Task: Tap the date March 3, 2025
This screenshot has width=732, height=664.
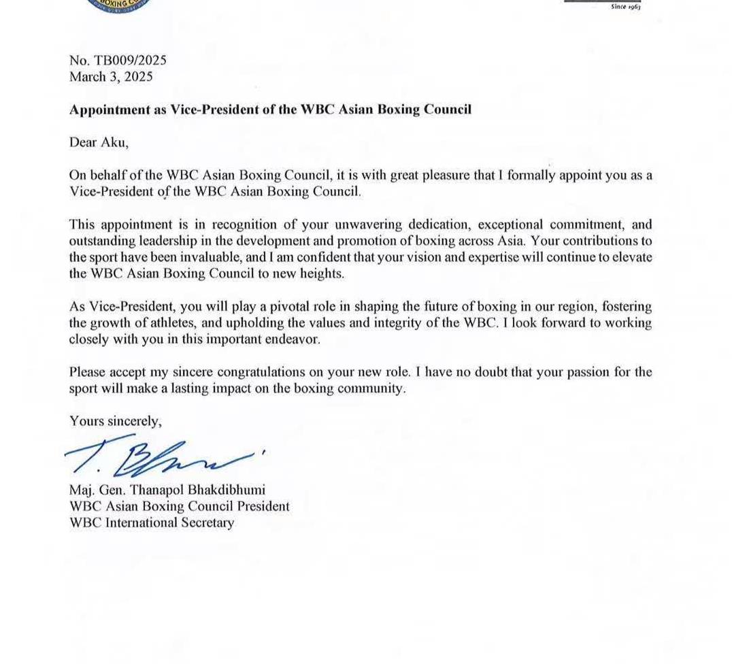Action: (x=111, y=77)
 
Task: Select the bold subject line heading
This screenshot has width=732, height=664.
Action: (x=270, y=110)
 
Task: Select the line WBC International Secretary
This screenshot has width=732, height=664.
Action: (x=152, y=523)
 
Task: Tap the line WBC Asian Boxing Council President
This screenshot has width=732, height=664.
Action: (x=179, y=507)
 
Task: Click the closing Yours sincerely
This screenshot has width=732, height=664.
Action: (x=116, y=422)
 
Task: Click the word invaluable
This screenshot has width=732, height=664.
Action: (x=254, y=258)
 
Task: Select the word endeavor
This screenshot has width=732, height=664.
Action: (x=293, y=339)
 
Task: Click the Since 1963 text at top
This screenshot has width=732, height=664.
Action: (x=625, y=7)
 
